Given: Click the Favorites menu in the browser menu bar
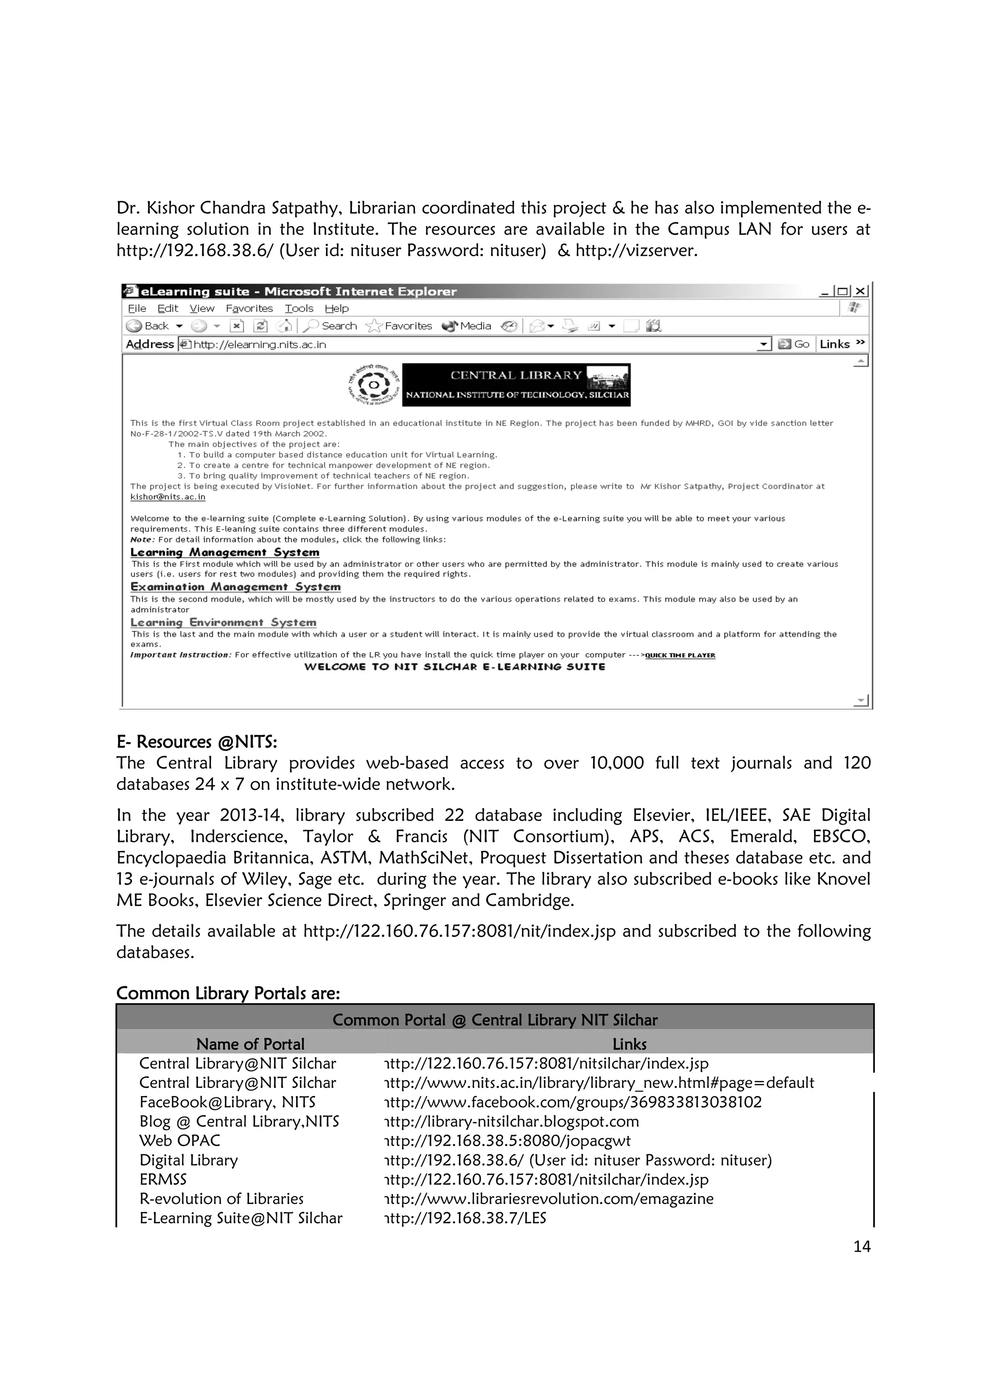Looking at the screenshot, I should click(249, 309).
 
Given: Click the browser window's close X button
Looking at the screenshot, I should click(860, 292).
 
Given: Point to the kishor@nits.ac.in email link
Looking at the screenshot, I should click(168, 497).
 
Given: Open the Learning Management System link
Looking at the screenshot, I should click(225, 552).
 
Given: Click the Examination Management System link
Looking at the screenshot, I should click(235, 587).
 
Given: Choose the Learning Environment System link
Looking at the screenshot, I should click(223, 623).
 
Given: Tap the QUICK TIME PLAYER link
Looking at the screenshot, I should click(680, 655).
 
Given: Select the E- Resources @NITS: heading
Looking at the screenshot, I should click(197, 742).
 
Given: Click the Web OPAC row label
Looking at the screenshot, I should click(180, 1140).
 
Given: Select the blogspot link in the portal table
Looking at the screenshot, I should click(511, 1121).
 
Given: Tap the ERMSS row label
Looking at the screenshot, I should click(163, 1179).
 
